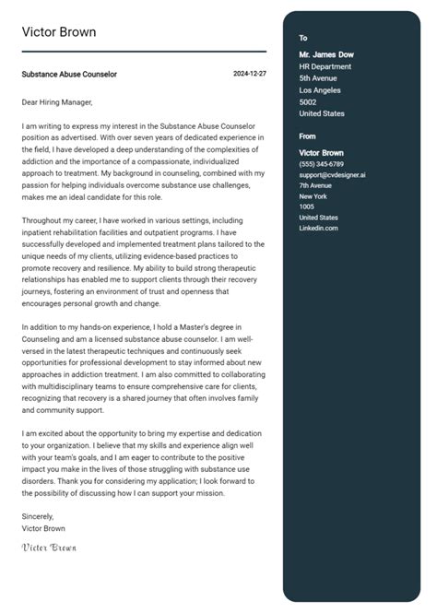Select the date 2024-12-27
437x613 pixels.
[250, 73]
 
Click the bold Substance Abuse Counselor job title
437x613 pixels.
[70, 74]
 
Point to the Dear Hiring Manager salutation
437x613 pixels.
[58, 102]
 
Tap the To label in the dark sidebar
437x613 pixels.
[303, 38]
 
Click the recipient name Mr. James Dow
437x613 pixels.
[326, 54]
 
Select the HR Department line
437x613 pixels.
[325, 66]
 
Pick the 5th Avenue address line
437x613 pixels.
[318, 78]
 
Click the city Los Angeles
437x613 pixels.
[320, 90]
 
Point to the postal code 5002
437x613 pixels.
[308, 102]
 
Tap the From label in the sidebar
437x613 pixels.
[308, 136]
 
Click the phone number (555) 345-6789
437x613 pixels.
[321, 163]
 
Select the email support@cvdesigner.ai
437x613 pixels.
[332, 174]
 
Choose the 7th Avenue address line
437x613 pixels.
[315, 185]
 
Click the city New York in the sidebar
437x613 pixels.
[313, 196]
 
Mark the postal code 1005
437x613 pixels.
[307, 206]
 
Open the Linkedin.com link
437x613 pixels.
[319, 228]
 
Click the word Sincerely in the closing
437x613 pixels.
[39, 516]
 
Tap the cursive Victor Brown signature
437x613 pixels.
[49, 547]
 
